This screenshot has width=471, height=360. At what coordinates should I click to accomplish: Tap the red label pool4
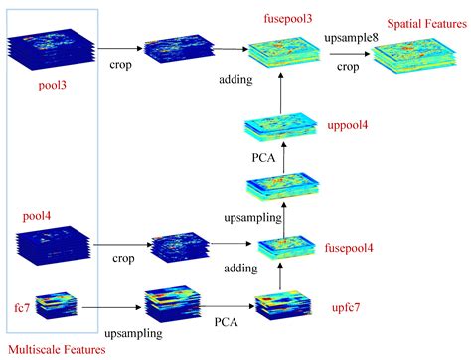[38, 215]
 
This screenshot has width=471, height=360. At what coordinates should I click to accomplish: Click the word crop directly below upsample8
[347, 68]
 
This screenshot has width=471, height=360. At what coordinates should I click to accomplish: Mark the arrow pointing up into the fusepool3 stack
[281, 93]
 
